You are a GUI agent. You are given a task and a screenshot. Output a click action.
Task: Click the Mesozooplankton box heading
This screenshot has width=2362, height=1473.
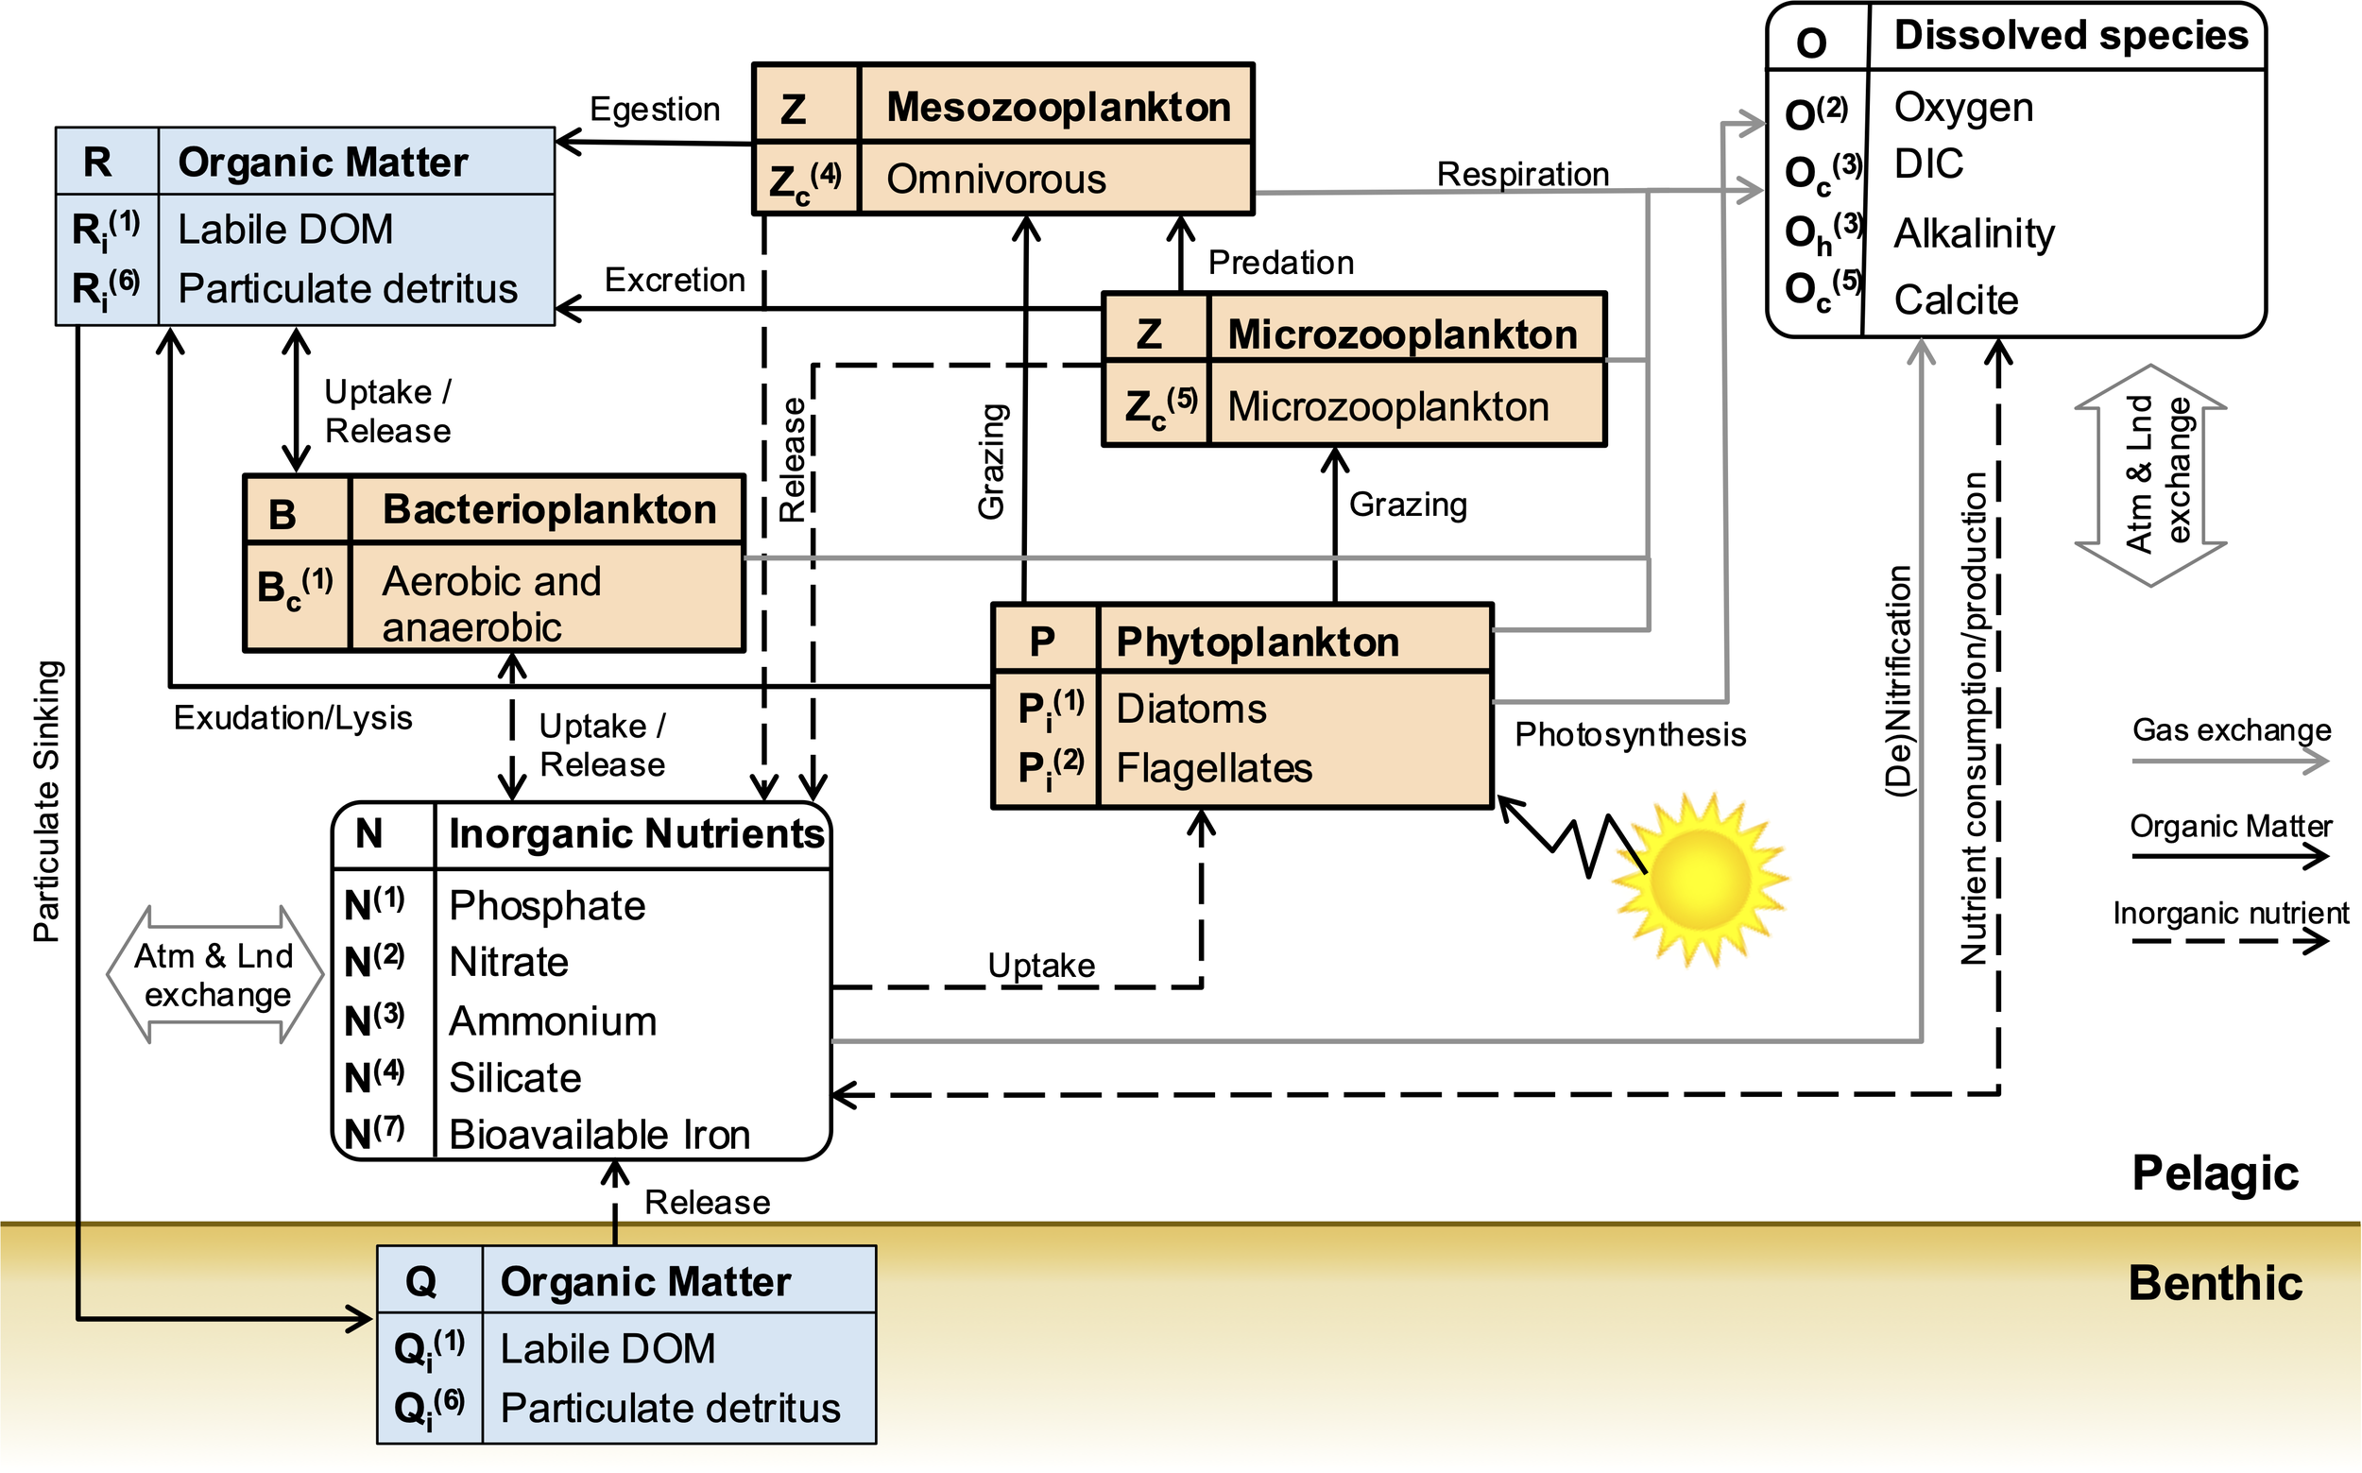pos(1058,107)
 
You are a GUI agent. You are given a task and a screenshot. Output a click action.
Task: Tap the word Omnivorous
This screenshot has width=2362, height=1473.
pos(996,180)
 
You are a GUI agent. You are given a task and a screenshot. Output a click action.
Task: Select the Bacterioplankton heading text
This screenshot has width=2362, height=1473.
pos(549,509)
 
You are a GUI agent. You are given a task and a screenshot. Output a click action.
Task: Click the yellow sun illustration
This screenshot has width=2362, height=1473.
pos(1701,879)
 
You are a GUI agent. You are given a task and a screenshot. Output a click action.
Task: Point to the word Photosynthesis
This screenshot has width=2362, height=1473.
pos(1630,734)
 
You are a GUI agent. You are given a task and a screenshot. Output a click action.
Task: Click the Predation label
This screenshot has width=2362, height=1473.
pos(1281,262)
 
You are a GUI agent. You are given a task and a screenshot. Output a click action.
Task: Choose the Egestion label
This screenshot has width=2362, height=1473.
pos(655,109)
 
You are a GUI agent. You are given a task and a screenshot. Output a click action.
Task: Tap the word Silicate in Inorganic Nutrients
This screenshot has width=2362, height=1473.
pos(514,1077)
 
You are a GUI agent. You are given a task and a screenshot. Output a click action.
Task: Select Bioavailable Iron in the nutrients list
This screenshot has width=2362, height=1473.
pos(599,1135)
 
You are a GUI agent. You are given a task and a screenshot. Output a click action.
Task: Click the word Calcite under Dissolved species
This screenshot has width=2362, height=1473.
pos(1955,300)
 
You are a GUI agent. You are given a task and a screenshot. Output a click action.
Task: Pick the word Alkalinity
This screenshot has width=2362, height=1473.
pos(1974,233)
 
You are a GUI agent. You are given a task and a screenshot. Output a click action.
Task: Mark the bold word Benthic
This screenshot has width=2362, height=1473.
pos(2215,1283)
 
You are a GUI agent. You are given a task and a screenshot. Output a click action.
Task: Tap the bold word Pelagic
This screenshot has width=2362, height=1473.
pos(2215,1173)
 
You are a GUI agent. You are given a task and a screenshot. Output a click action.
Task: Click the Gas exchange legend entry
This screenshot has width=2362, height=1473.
pos(2231,730)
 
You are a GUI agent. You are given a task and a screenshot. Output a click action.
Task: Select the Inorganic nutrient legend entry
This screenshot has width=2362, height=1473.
pos(2231,914)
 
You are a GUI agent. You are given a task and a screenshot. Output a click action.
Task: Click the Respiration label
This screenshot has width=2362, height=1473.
pos(1522,175)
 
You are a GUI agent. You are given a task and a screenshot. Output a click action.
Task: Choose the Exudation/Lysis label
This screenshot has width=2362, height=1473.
pos(292,718)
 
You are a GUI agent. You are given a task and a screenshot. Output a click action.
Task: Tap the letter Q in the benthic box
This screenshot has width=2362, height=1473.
pos(420,1281)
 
